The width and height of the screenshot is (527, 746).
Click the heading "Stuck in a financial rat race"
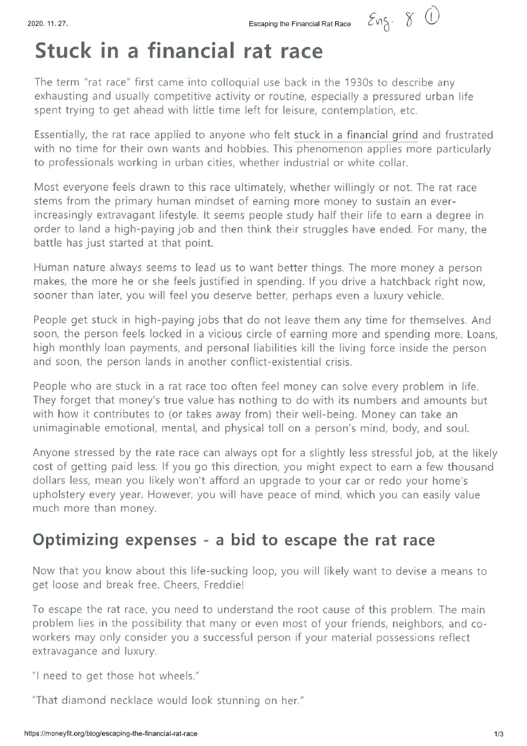tap(179, 51)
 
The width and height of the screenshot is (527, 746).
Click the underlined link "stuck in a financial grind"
tap(356, 136)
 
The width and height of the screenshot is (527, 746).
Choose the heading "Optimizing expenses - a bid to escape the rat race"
tap(234, 540)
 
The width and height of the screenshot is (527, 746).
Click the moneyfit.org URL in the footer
tap(110, 734)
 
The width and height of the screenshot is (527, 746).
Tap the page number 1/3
tap(499, 734)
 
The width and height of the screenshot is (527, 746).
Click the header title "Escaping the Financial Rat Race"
tap(300, 24)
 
